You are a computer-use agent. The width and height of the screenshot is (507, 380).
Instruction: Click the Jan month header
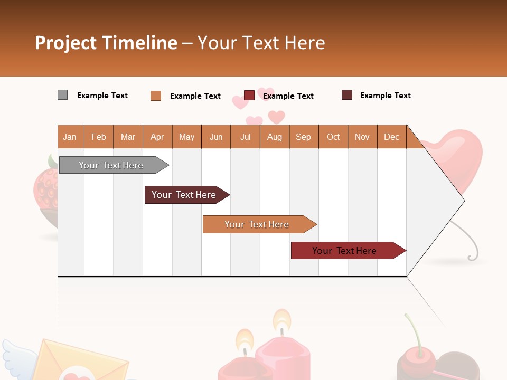coord(70,137)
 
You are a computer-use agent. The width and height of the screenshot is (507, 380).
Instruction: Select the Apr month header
coord(157,137)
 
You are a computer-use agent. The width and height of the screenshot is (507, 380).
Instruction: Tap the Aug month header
coord(274,137)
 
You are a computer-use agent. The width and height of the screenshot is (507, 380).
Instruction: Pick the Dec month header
coord(391,137)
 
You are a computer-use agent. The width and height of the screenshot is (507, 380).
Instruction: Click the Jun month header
coord(216,137)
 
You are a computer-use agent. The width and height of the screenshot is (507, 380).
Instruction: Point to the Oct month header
coord(333,137)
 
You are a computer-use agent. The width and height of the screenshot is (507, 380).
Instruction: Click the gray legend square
coord(62,95)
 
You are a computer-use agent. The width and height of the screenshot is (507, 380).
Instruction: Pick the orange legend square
coord(155,96)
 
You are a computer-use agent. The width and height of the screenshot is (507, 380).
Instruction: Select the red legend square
coord(249,95)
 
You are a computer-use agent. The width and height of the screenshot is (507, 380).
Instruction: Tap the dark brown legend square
coord(346,95)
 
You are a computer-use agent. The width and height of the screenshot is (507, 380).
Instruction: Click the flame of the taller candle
coord(281,319)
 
